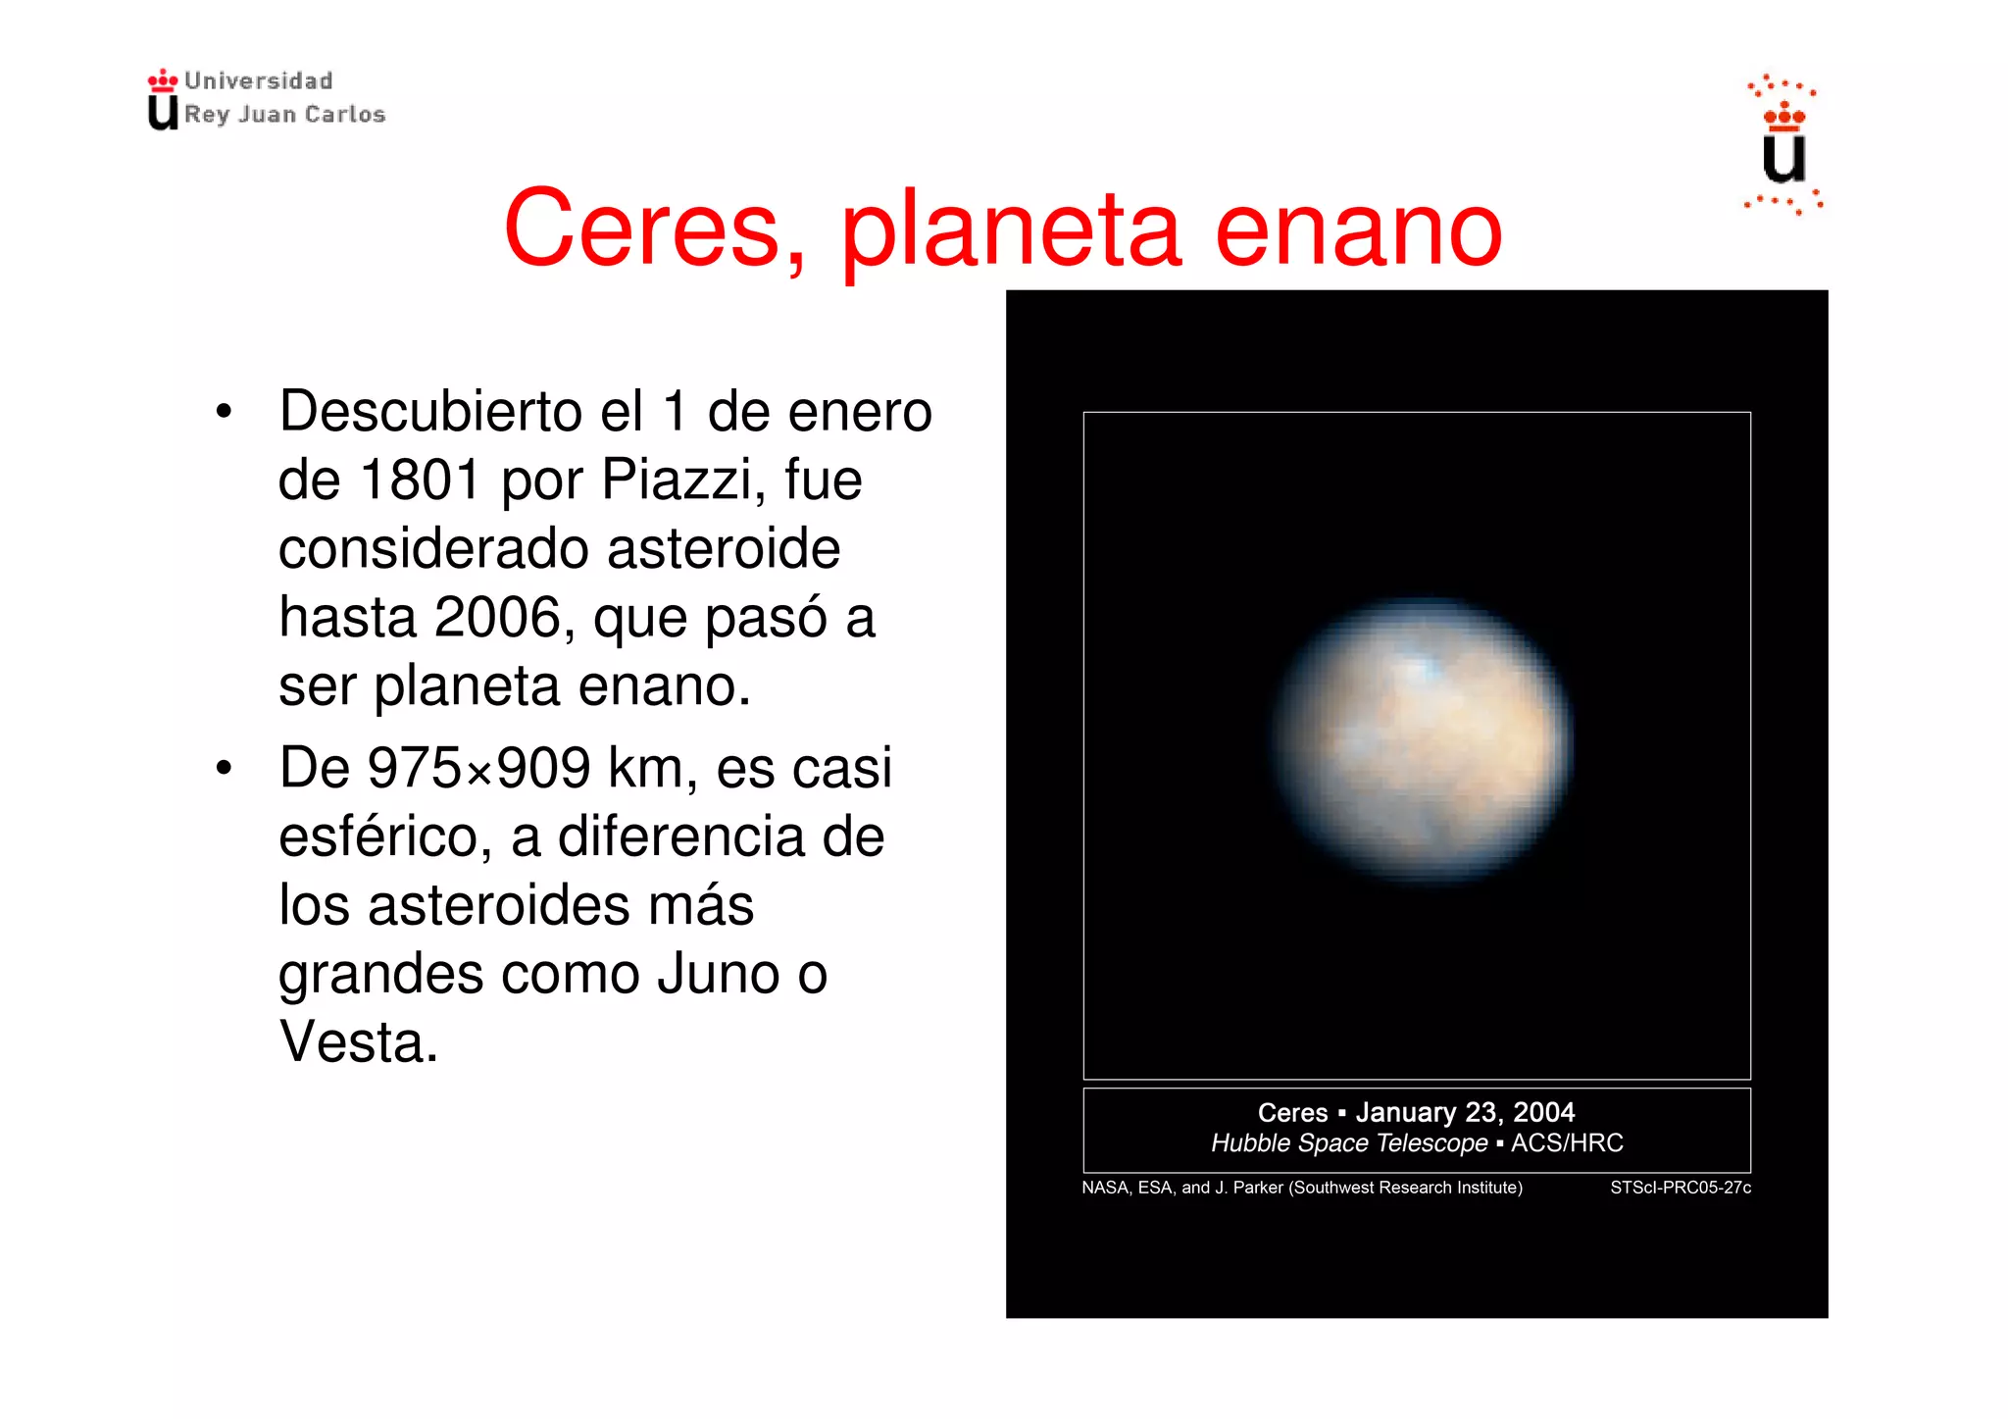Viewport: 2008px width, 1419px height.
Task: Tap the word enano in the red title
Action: click(x=1358, y=229)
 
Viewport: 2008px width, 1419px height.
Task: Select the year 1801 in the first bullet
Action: click(x=420, y=481)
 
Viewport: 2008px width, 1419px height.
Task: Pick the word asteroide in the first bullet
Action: click(x=724, y=549)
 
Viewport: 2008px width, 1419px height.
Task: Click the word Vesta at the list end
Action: click(x=358, y=1042)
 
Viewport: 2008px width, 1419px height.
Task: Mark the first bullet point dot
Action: click(x=225, y=412)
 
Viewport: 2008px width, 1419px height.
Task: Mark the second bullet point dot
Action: click(x=225, y=769)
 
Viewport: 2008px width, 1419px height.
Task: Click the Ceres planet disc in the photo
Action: click(x=1422, y=740)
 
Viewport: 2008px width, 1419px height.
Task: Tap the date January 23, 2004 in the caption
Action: click(x=1465, y=1112)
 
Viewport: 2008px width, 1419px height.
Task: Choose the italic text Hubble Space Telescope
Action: click(x=1349, y=1143)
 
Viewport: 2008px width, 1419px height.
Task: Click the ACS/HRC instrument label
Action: click(x=1567, y=1143)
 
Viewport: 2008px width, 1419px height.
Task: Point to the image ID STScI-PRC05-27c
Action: click(x=1680, y=1188)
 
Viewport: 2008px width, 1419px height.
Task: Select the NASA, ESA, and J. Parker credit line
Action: click(x=1301, y=1188)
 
